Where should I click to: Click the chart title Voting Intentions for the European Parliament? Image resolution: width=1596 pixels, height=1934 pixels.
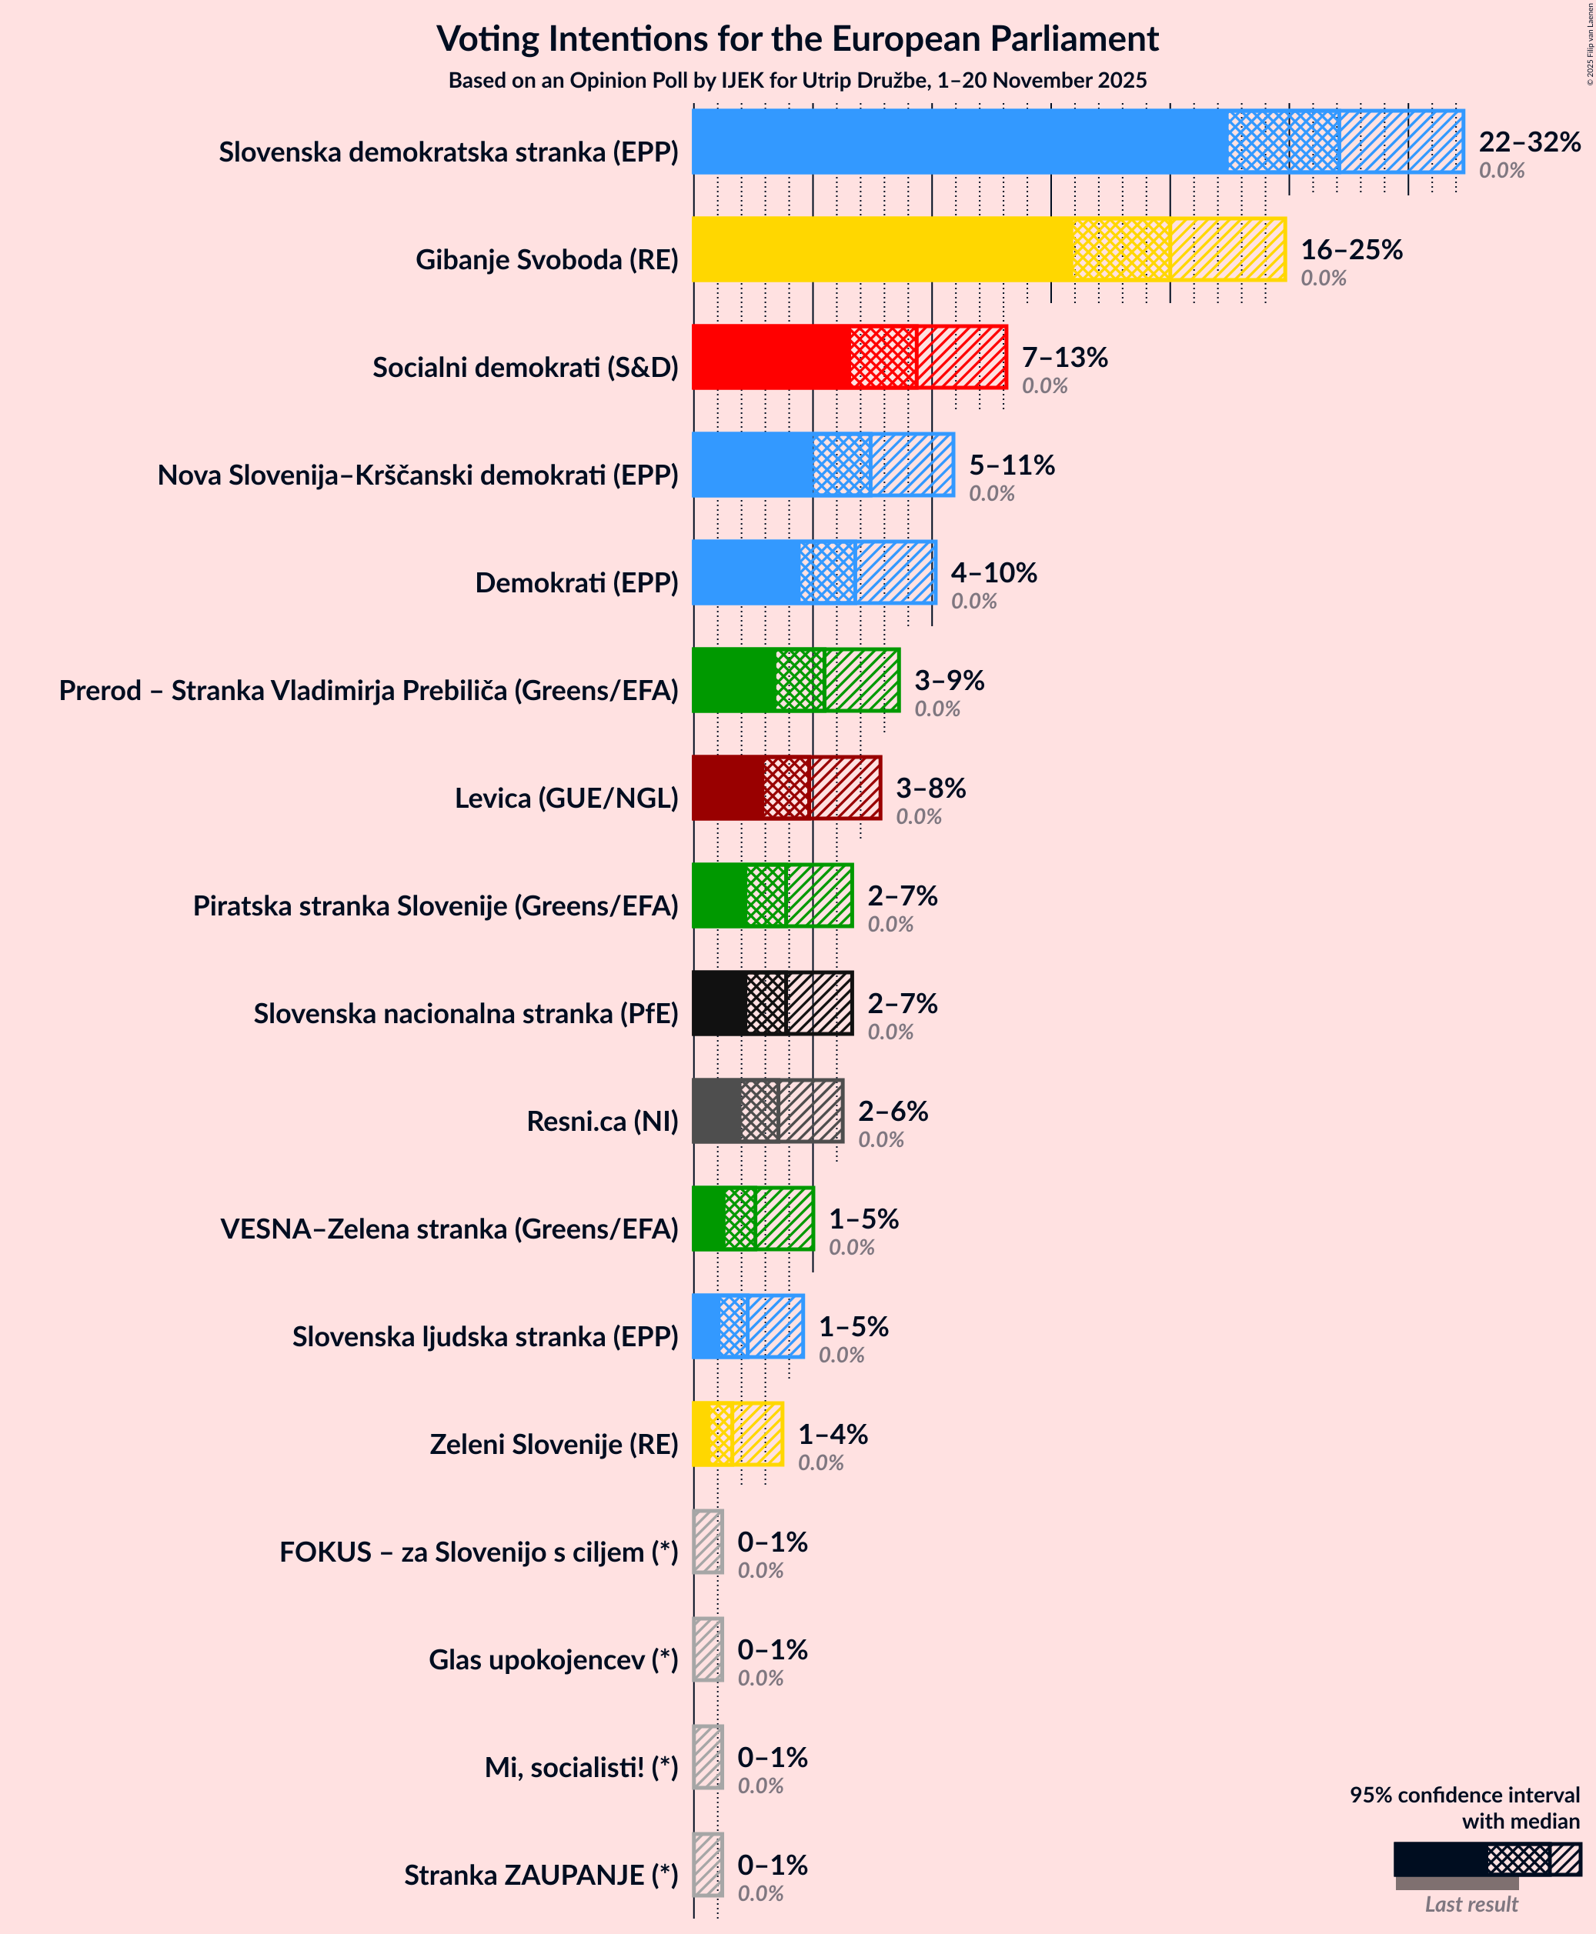[x=797, y=38]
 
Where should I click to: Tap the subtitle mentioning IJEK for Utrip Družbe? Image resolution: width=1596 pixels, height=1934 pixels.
[x=797, y=81]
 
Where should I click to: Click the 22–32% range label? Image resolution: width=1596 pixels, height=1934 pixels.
[x=1529, y=142]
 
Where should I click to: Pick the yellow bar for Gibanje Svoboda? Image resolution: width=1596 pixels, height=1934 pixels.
[x=882, y=249]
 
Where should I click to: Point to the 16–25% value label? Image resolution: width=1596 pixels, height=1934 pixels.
[x=1351, y=249]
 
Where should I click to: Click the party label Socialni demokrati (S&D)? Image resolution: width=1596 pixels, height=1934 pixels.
[x=525, y=368]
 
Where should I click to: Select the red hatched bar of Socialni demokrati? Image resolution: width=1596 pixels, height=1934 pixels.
[x=960, y=357]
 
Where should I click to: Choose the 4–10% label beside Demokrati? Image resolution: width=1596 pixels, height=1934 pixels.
[x=993, y=572]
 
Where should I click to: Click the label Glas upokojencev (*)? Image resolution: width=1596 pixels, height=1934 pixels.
[x=553, y=1660]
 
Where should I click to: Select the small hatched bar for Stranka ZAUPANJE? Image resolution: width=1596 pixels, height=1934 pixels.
[x=708, y=1864]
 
